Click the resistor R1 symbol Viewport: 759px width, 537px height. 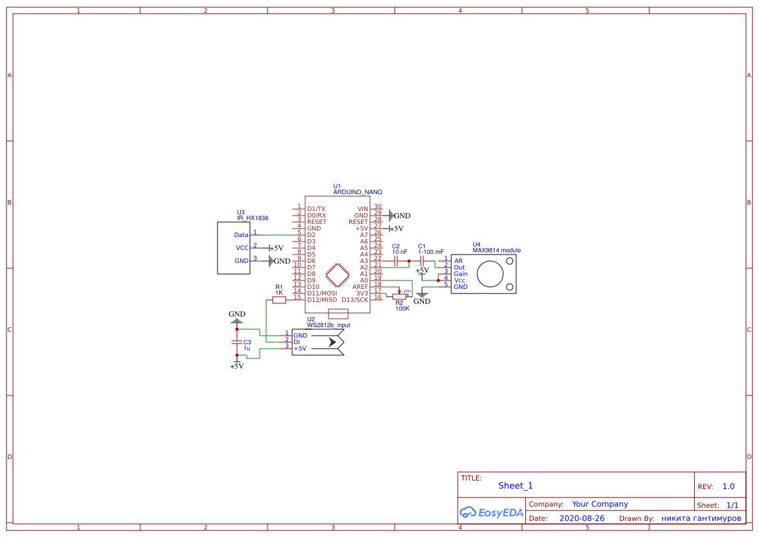click(x=279, y=299)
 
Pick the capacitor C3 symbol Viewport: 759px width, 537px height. click(x=237, y=342)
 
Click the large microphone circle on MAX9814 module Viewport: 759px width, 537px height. click(x=490, y=274)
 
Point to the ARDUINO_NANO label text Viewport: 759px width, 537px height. click(x=358, y=192)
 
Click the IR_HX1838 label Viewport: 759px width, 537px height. click(x=253, y=218)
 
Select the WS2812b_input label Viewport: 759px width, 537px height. click(x=329, y=325)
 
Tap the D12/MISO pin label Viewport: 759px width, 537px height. click(x=322, y=299)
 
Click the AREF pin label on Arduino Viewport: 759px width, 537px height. click(x=360, y=286)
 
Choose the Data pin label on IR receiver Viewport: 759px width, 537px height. click(x=241, y=234)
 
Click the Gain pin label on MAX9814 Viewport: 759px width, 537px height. click(x=460, y=274)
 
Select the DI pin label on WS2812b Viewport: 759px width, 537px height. click(x=297, y=342)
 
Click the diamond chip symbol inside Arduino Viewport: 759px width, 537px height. click(x=337, y=275)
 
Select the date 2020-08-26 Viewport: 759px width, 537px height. click(x=582, y=518)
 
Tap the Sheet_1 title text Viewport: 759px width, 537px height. click(x=516, y=486)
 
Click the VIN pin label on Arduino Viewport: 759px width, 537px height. click(x=362, y=208)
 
